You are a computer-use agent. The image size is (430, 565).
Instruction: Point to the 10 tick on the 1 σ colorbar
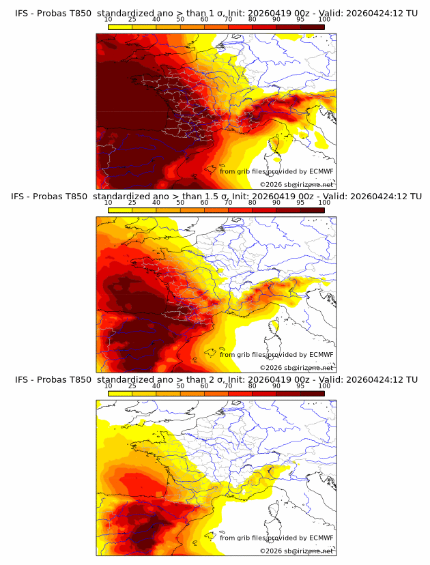click(x=109, y=20)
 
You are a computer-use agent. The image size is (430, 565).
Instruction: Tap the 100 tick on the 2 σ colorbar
click(x=324, y=386)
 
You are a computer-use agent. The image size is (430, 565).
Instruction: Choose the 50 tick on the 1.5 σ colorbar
click(x=180, y=203)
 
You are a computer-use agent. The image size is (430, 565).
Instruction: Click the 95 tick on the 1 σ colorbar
click(x=300, y=20)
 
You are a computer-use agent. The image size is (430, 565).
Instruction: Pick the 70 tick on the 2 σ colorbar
click(x=229, y=386)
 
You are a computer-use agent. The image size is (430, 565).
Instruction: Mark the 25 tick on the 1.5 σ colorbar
click(x=132, y=203)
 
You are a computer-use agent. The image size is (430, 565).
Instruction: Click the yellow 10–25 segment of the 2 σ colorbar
click(x=120, y=394)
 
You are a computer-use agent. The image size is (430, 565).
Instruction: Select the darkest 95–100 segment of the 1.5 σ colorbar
click(x=312, y=210)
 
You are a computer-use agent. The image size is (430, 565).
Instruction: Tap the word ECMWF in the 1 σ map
click(x=321, y=171)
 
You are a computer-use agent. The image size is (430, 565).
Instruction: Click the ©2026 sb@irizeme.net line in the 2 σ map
click(x=296, y=551)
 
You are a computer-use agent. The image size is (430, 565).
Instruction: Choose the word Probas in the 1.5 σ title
click(x=52, y=197)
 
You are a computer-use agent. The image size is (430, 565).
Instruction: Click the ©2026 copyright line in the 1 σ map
click(x=296, y=184)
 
